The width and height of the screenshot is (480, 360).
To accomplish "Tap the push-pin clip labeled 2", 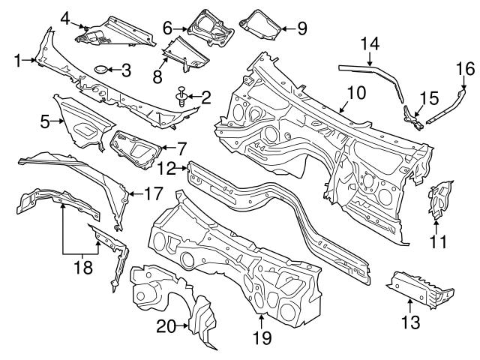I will coord(182,97).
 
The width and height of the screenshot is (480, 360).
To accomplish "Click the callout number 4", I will coord(65,17).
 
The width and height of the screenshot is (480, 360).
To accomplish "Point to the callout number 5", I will coord(45,119).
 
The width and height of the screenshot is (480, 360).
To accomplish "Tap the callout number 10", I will coord(355,93).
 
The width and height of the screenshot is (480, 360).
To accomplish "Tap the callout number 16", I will coord(465,69).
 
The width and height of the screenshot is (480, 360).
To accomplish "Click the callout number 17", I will coord(153,193).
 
